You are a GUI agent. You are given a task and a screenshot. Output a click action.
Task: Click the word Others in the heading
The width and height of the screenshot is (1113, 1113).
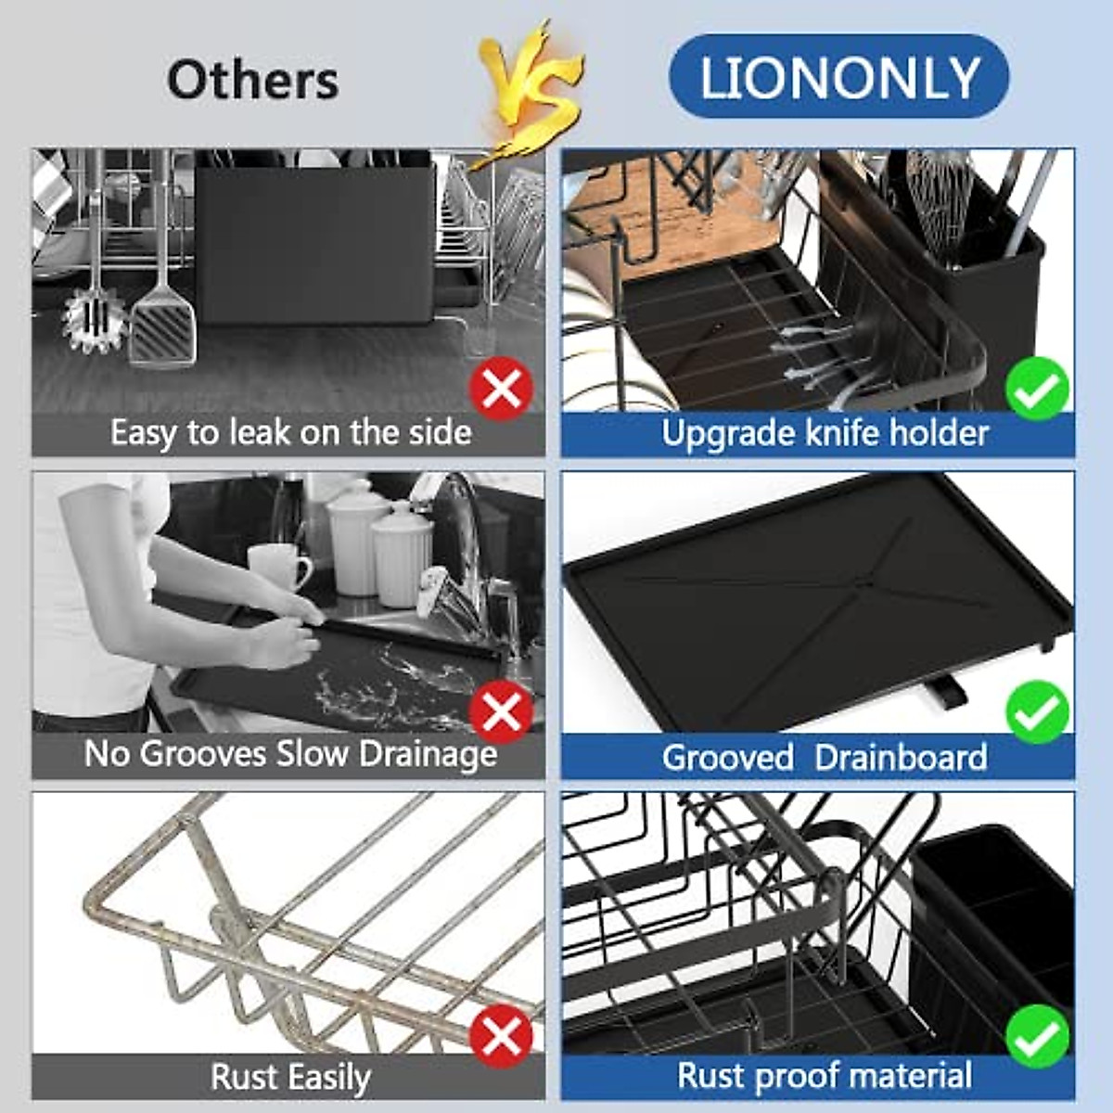pos(252,80)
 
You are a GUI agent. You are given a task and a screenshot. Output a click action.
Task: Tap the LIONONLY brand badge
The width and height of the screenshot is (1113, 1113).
pos(838,77)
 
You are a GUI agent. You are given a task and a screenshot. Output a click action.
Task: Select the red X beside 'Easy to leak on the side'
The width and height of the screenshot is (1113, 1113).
pos(501,390)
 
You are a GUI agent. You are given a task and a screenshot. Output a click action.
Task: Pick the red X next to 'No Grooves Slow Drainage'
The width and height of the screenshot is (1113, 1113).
pos(501,712)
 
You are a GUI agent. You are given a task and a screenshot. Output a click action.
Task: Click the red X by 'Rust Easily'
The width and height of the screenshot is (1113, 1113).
pos(501,1036)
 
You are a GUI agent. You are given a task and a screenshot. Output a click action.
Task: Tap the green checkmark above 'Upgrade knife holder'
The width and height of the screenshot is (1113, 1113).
pos(1037,390)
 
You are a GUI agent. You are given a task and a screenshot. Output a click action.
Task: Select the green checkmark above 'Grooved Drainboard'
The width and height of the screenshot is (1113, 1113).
pos(1037,712)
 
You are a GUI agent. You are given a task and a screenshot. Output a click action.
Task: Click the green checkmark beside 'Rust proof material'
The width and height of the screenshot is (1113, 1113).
pos(1037,1036)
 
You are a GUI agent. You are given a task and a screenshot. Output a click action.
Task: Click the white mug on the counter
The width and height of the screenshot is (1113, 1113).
pos(279,567)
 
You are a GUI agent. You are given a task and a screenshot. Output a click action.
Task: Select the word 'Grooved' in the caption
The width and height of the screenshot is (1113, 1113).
pos(727,758)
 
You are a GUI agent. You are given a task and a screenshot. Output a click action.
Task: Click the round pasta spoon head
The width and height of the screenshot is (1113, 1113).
pos(93,320)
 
